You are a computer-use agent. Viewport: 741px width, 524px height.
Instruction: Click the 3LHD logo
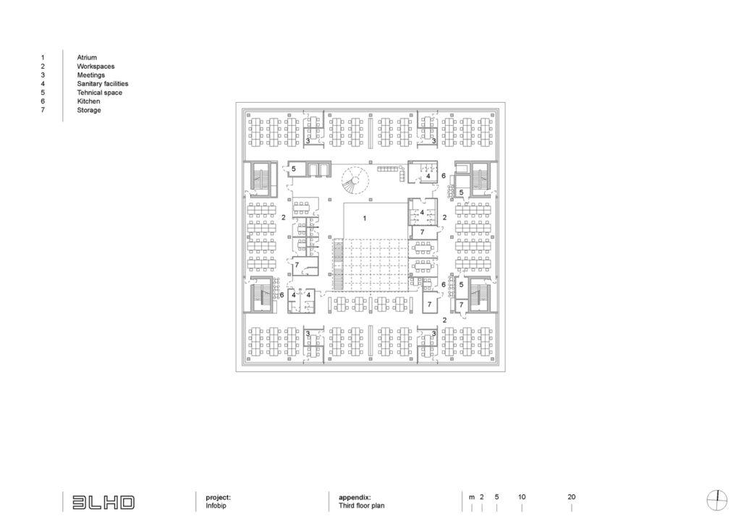click(x=103, y=502)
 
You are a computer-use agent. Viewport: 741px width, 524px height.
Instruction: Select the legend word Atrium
click(x=87, y=58)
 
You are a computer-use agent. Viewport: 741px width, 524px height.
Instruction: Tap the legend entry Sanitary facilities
click(x=103, y=84)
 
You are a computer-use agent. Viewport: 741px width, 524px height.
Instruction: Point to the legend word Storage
click(x=89, y=110)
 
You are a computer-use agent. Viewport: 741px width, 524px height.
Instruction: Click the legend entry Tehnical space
click(x=100, y=93)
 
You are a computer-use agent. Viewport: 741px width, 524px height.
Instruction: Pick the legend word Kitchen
click(x=88, y=101)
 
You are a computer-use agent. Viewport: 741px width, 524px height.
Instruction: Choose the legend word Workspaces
click(x=96, y=67)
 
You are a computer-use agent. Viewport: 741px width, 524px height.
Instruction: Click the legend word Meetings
click(x=90, y=75)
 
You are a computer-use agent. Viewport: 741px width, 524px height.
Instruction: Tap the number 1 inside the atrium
click(x=365, y=219)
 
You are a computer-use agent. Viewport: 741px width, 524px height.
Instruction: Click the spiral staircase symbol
click(x=355, y=180)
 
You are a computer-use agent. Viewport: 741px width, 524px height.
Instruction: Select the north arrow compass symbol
click(x=717, y=501)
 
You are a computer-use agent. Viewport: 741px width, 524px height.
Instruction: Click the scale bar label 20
click(x=572, y=497)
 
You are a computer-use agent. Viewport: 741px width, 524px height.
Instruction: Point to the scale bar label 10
click(x=522, y=497)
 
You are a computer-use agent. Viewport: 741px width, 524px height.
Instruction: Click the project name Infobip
click(x=216, y=506)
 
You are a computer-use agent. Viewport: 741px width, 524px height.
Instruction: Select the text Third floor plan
click(x=362, y=506)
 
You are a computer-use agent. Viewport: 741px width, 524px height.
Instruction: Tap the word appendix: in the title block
click(x=355, y=497)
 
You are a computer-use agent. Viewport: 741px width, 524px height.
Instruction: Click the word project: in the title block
click(x=219, y=497)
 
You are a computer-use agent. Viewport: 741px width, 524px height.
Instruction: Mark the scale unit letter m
click(x=472, y=497)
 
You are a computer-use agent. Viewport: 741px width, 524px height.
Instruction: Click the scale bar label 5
click(x=496, y=497)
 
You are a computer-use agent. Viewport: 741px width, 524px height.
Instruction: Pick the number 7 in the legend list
click(x=43, y=110)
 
